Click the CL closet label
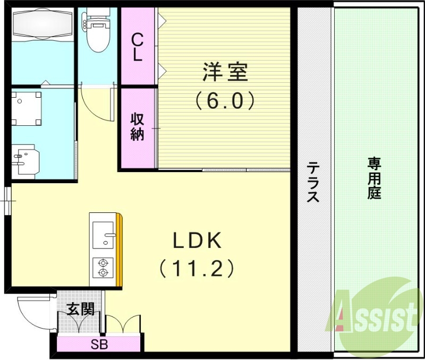point(138,47)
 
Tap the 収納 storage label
point(138,127)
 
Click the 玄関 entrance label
point(81,309)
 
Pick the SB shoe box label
point(99,345)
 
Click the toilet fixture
point(97,33)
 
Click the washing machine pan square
point(27,108)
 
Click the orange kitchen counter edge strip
point(120,250)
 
